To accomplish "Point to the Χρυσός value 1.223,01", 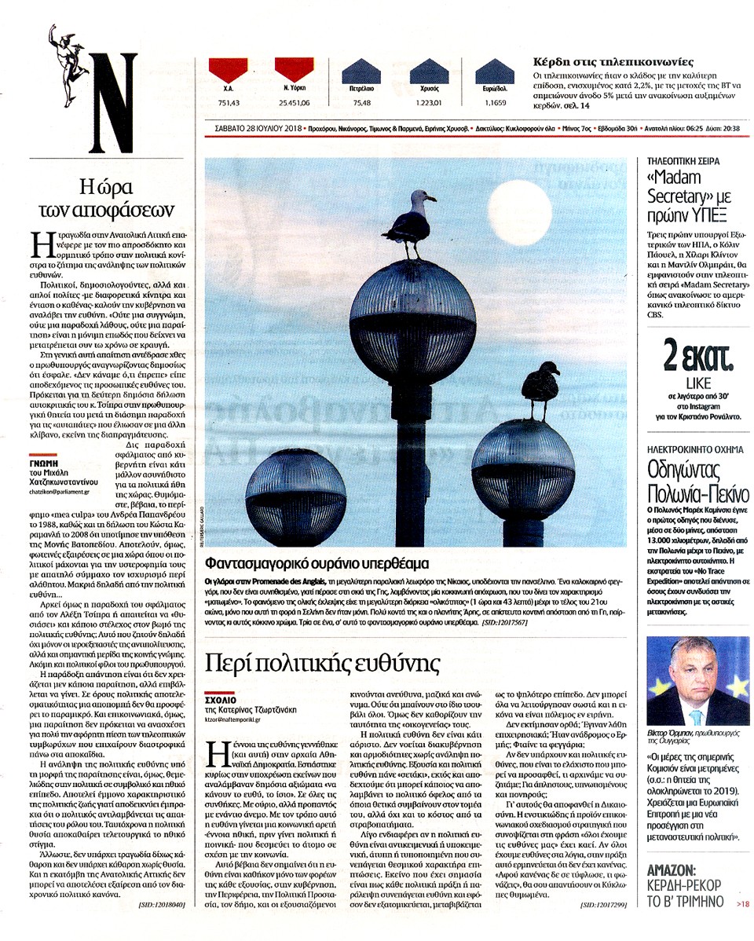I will pyautogui.click(x=427, y=102).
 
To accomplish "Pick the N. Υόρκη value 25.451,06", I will pyautogui.click(x=295, y=102).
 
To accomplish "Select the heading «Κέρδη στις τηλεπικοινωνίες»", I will pyautogui.click(x=612, y=60).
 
